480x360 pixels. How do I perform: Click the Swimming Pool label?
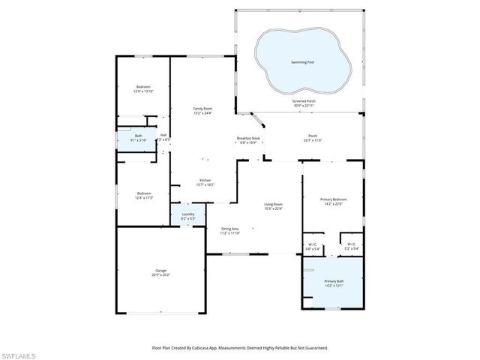pos(302,62)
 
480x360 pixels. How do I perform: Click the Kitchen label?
pos(205,182)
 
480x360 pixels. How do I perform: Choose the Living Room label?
pos(272,207)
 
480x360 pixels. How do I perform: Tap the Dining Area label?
pos(229,231)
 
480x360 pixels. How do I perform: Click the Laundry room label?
pos(187,217)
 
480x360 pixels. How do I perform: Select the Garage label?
pos(161,272)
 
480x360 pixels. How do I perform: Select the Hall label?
pos(163,138)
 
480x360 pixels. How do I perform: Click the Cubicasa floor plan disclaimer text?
pos(240,347)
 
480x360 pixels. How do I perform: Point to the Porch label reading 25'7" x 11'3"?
pos(312,138)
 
